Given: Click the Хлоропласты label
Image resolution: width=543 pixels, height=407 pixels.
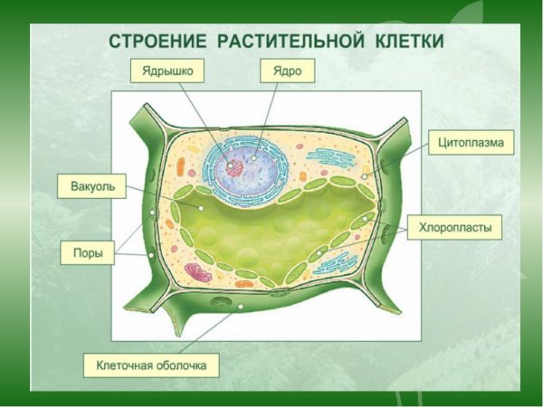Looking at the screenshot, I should coord(453,229).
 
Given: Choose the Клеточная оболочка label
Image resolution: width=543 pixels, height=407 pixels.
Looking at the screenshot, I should coord(151,365).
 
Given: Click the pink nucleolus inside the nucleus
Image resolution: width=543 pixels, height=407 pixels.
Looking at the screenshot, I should coord(235,167).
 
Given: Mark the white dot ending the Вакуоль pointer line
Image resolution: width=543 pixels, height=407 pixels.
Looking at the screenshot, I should coord(201,207).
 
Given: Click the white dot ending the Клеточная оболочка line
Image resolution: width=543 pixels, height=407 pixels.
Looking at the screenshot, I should coord(240,308).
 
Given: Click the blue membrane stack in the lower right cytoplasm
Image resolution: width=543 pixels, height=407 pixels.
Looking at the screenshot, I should coord(335,264).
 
